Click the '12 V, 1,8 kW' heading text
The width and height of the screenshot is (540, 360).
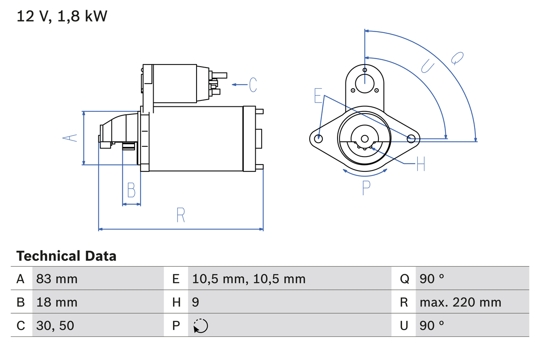point(62,16)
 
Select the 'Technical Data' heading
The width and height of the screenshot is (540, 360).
point(66,256)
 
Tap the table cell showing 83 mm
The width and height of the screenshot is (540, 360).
point(57,279)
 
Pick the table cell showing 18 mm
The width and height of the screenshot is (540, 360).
point(57,302)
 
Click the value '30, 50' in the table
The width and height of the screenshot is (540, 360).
point(55,325)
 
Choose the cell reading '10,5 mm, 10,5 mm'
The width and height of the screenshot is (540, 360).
point(248,279)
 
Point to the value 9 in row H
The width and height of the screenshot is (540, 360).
point(196,302)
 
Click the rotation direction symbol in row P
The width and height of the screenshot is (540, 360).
point(200,326)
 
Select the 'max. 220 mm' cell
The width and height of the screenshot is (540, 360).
point(460,302)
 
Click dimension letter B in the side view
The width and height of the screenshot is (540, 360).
point(131,190)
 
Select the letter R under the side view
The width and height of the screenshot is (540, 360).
point(181,215)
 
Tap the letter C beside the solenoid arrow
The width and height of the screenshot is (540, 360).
point(253,85)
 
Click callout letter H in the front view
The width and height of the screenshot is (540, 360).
point(420,164)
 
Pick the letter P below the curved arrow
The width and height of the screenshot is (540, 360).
point(366,188)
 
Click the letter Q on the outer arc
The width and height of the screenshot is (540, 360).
point(457,58)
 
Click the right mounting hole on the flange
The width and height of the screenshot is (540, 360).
point(411,138)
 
